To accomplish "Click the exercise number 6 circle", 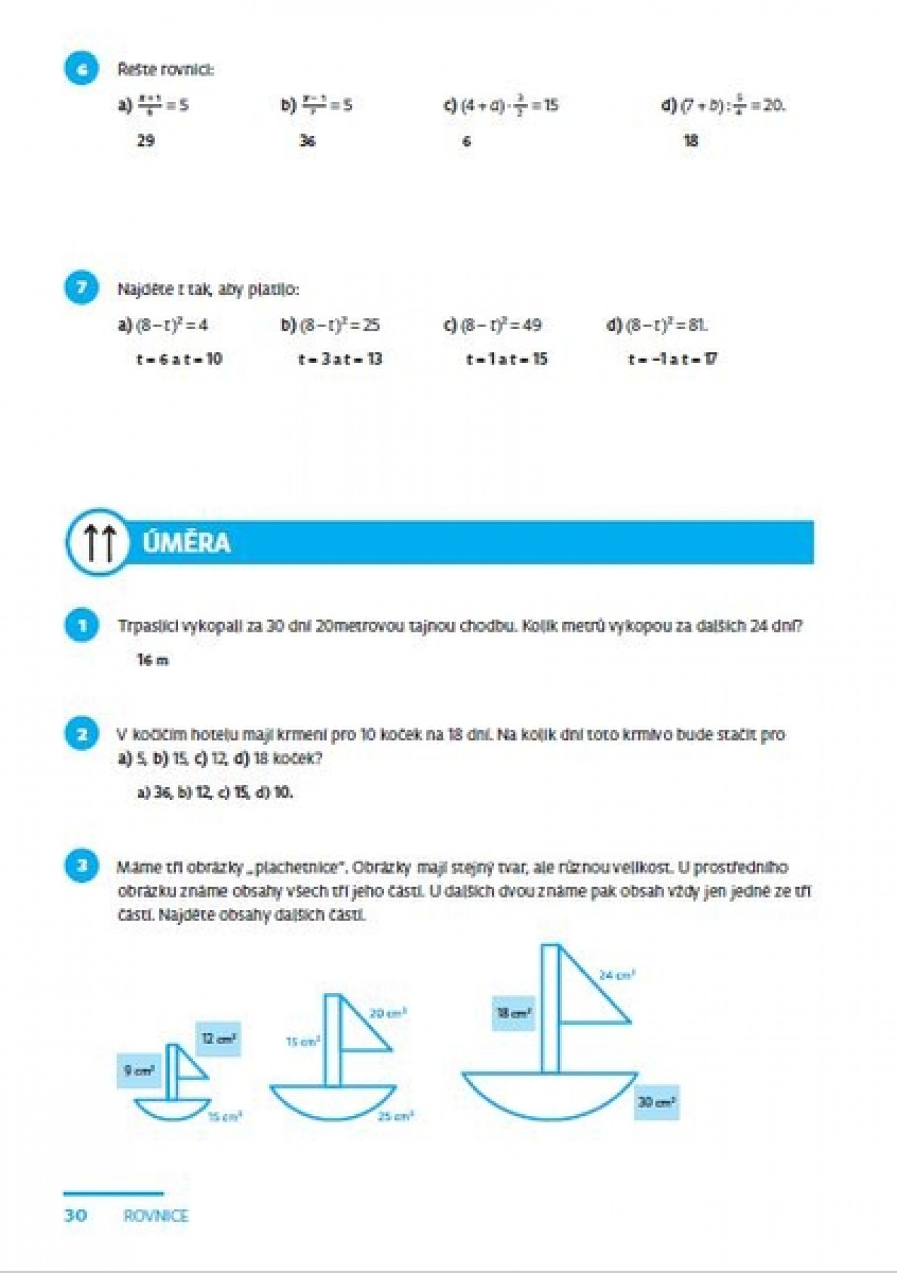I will pyautogui.click(x=81, y=69).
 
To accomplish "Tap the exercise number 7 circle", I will pyautogui.click(x=81, y=288).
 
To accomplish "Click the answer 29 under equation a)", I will pyautogui.click(x=145, y=140).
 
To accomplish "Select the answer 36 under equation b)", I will pyautogui.click(x=308, y=140).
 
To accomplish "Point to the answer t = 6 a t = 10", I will pyautogui.click(x=179, y=359).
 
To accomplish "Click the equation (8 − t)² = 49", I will pyautogui.click(x=493, y=325).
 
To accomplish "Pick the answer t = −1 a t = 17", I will pyautogui.click(x=673, y=359).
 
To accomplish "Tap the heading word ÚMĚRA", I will pyautogui.click(x=186, y=543).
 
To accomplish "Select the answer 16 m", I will pyautogui.click(x=152, y=660).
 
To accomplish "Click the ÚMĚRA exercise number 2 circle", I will pyautogui.click(x=81, y=734).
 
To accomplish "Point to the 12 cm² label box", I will pyautogui.click(x=218, y=1038).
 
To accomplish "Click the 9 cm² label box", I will pyautogui.click(x=138, y=1070).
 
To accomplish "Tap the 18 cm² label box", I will pyautogui.click(x=513, y=1013).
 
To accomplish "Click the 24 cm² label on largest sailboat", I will pyautogui.click(x=616, y=975).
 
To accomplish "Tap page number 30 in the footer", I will pyautogui.click(x=76, y=1215).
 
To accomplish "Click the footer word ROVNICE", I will pyautogui.click(x=156, y=1216).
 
